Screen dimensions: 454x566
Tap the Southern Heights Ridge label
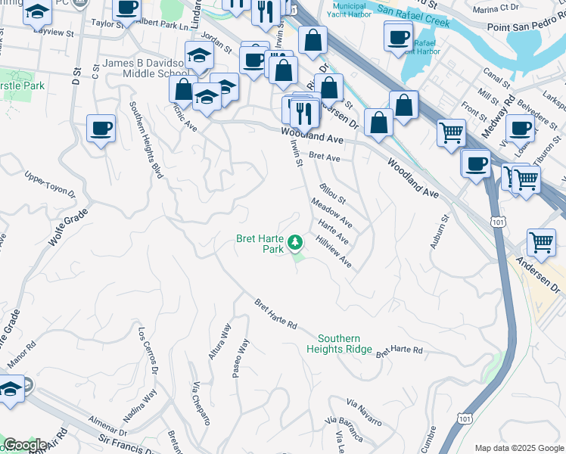pos(339,344)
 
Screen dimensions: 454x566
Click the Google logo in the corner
pos(25,445)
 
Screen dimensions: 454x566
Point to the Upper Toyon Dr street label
pos(50,185)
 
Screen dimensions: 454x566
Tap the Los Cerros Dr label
pos(147,350)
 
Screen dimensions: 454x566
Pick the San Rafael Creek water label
pos(413,16)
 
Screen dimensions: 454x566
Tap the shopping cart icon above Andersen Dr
pos(540,244)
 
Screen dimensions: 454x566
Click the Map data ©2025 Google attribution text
pos(518,448)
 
